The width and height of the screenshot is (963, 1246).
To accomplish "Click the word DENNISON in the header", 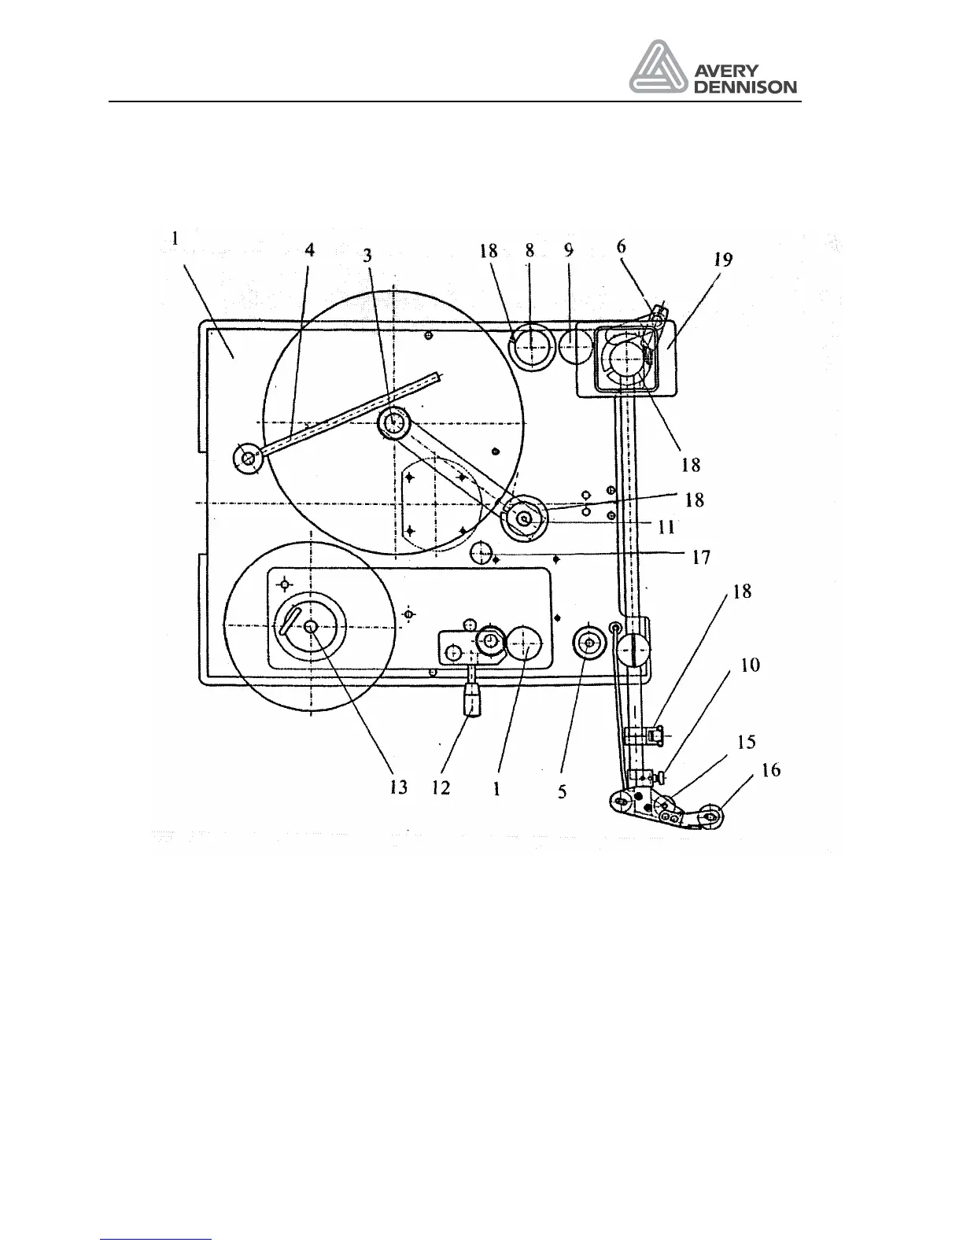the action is click(x=745, y=87).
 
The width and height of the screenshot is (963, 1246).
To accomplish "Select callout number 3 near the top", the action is click(x=367, y=256).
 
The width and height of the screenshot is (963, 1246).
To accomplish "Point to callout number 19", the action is click(x=723, y=259).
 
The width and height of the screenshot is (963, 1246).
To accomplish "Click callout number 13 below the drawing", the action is click(x=399, y=787).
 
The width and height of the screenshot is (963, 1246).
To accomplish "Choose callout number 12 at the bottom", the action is click(x=441, y=787).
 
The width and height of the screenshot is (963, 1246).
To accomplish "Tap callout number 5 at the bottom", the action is click(x=563, y=791).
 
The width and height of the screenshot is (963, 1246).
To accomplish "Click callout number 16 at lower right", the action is click(x=772, y=770).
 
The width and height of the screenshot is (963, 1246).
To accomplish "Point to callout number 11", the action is click(x=666, y=527).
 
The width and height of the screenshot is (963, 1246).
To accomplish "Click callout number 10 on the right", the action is click(x=751, y=665).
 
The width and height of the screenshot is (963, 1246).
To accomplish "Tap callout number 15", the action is click(x=746, y=742).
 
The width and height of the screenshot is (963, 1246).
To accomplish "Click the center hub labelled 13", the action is click(x=311, y=625).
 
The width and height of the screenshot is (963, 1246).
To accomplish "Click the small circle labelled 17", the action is click(x=481, y=552).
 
